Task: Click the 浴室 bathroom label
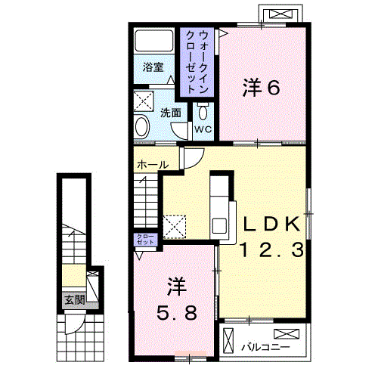tap(153, 67)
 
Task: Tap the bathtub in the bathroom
tap(154, 41)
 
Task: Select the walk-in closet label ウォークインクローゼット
tap(197, 62)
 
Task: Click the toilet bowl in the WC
tap(203, 112)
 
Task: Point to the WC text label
tap(203, 129)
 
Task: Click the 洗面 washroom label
tap(171, 113)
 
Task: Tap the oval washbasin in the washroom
tap(142, 126)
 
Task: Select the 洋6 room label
tap(261, 88)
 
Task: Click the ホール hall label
tap(153, 165)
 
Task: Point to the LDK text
tap(271, 224)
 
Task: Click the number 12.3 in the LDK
tap(272, 249)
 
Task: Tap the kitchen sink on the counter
tap(219, 226)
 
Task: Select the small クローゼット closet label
tap(145, 239)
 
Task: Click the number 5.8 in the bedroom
tap(177, 313)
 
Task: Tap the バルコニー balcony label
tap(266, 348)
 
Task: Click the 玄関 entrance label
tap(75, 300)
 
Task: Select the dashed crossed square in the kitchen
tap(175, 227)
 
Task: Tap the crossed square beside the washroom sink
tap(144, 101)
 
